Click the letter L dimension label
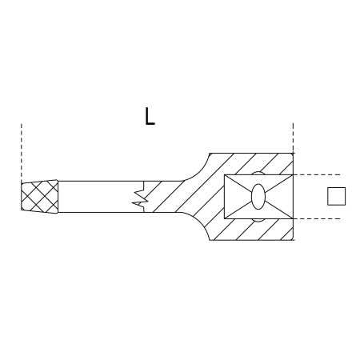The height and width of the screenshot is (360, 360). point(150,116)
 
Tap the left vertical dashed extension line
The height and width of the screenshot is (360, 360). point(22,151)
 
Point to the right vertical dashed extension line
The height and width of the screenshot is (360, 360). point(293,138)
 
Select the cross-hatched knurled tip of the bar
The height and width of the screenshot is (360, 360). point(39,197)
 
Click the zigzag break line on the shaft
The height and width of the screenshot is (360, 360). point(141,197)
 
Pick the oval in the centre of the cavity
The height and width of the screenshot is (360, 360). point(258,197)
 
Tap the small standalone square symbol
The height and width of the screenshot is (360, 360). point(336,196)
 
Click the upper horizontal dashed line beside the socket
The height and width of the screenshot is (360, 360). point(318,174)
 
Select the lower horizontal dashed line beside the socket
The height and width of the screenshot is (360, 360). point(318,219)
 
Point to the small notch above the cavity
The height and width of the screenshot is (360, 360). point(258,173)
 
